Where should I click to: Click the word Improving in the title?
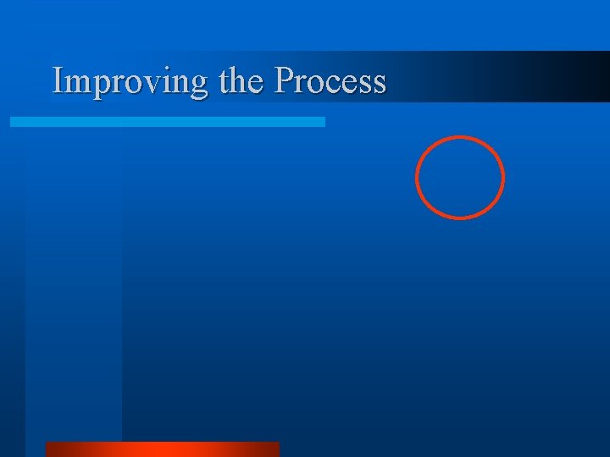coord(130,81)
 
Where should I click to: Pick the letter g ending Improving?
coord(198,85)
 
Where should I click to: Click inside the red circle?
coord(460,178)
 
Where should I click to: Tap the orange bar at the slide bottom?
coord(162,449)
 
